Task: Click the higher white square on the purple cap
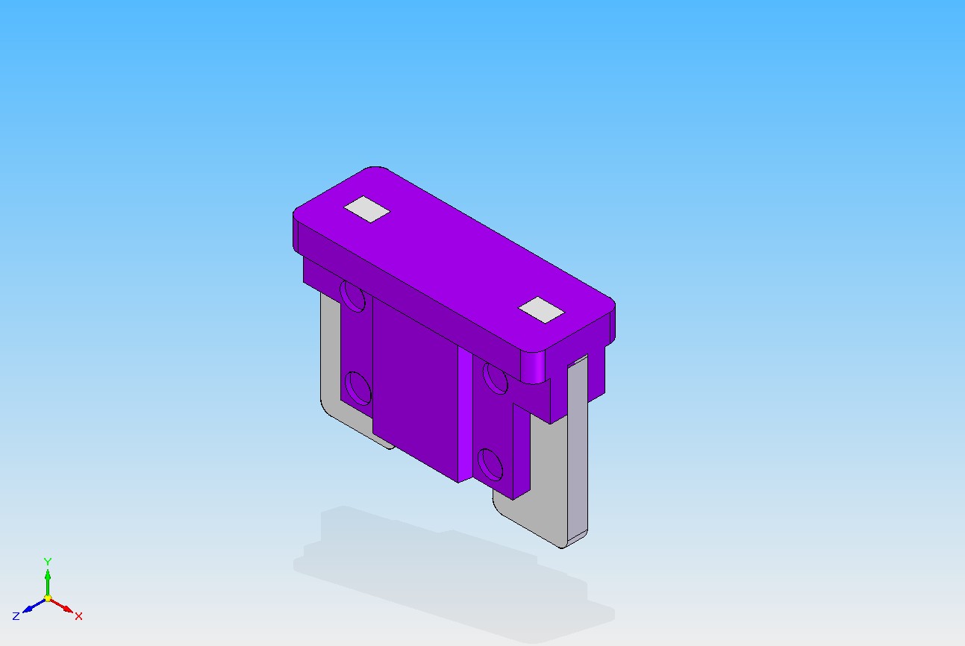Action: [x=366, y=210]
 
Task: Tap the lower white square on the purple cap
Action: [x=541, y=310]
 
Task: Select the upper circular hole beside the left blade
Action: [x=352, y=296]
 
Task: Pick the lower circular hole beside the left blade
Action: [x=358, y=389]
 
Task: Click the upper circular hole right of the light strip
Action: [x=495, y=378]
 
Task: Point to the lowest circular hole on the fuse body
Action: [x=490, y=465]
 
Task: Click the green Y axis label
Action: [x=47, y=562]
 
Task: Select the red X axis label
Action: [x=78, y=616]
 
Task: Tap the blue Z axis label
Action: [x=16, y=616]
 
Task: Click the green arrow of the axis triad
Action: [x=48, y=583]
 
